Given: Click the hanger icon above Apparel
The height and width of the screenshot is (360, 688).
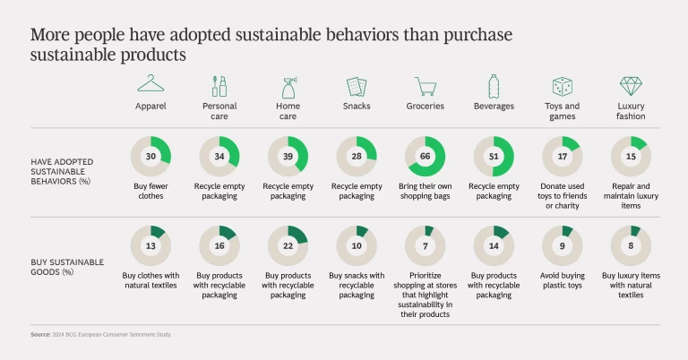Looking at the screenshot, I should click(151, 85).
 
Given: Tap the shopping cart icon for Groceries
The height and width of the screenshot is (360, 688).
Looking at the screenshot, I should click(425, 86).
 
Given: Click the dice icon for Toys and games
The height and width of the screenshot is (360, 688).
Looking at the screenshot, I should click(563, 86).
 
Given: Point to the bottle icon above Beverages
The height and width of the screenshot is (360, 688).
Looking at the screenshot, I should click(493, 86).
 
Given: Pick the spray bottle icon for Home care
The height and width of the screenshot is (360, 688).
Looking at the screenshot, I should click(288, 86).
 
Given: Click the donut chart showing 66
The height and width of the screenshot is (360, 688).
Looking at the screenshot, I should click(426, 156).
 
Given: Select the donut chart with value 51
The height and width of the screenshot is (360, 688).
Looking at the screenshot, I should click(494, 156).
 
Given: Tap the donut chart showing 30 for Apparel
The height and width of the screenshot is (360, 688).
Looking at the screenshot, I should click(151, 156).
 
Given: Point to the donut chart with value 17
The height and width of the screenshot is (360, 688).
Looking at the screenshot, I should click(563, 156).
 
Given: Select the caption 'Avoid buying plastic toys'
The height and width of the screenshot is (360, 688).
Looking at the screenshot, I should click(563, 280).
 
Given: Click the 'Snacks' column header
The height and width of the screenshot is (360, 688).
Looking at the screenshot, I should click(357, 106).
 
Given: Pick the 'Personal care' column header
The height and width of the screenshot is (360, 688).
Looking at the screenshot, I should click(219, 110).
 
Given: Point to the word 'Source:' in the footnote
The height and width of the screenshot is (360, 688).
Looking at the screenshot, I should click(40, 335).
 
